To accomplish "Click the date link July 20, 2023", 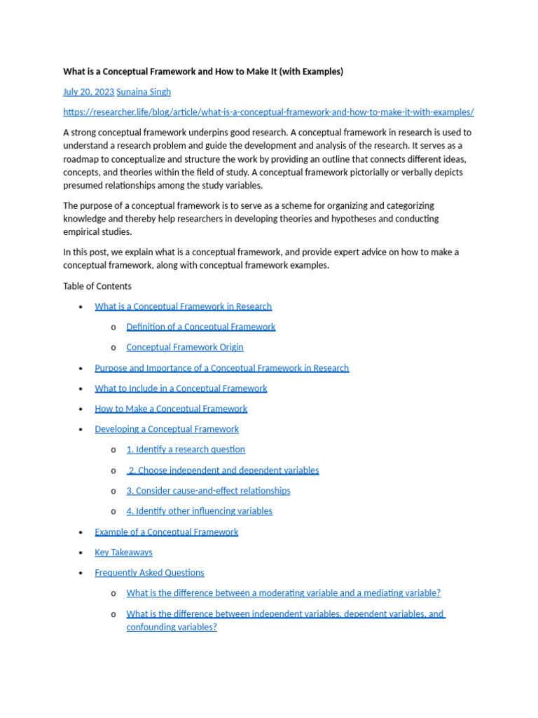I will click(88, 92).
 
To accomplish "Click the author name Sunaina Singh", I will click(144, 92).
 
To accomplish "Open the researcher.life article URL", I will click(268, 112).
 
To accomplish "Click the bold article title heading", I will click(203, 72).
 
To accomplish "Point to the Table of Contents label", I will click(97, 286).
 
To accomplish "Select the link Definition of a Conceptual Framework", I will click(200, 327).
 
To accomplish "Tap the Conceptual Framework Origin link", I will click(185, 347).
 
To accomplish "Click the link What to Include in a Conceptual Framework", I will click(181, 388).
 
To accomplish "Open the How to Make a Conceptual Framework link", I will click(171, 409).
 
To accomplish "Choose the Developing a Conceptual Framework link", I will click(167, 429).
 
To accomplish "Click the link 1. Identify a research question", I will click(186, 449).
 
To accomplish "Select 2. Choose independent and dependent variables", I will click(223, 470).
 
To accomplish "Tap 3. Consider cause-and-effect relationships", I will click(208, 491).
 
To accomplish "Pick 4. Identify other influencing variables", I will click(199, 511).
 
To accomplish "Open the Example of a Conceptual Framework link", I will click(167, 532).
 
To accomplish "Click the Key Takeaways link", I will click(123, 553).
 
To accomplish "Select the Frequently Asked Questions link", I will click(149, 573).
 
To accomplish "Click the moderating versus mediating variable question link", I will click(283, 593).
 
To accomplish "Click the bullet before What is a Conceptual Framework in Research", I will click(81, 307).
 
